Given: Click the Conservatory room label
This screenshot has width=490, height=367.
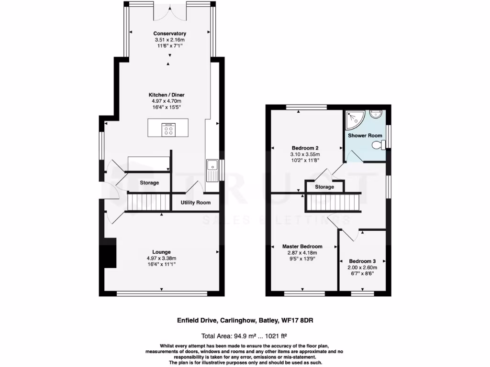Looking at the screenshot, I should (x=169, y=33).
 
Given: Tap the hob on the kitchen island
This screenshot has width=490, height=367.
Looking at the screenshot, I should (x=169, y=130).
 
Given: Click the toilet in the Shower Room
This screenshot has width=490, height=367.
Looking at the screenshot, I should (x=378, y=145).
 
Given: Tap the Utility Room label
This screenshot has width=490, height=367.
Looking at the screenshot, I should (x=195, y=203).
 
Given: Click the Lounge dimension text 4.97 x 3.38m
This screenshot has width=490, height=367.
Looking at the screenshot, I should (x=161, y=258).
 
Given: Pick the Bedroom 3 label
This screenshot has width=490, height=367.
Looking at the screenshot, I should (x=362, y=261).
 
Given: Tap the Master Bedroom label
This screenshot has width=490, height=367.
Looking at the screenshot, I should (x=302, y=247).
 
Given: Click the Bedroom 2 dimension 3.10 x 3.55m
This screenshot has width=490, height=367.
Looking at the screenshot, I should (x=305, y=154).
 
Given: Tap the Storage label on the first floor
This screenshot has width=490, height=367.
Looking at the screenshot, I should (x=324, y=187).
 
